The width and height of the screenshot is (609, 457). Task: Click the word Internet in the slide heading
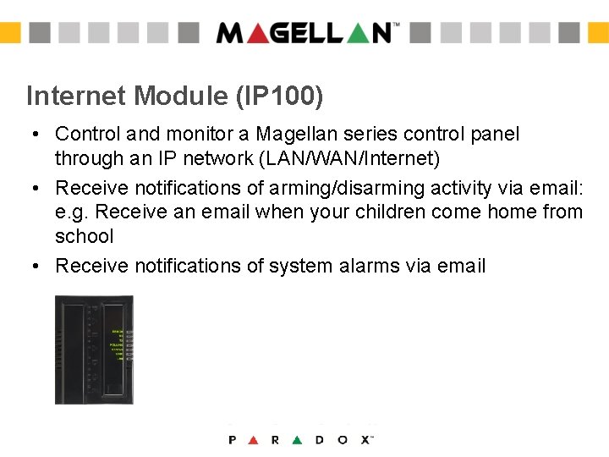pyautogui.click(x=75, y=96)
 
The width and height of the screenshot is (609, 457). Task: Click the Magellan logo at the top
pyautogui.click(x=304, y=33)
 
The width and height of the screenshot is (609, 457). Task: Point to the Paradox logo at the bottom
pyautogui.click(x=301, y=439)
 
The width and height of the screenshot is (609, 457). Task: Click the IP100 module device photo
pyautogui.click(x=94, y=349)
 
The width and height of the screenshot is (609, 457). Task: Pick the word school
pyautogui.click(x=84, y=236)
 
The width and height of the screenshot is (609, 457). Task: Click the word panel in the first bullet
pyautogui.click(x=497, y=133)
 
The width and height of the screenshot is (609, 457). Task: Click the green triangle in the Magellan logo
pyautogui.click(x=356, y=33)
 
